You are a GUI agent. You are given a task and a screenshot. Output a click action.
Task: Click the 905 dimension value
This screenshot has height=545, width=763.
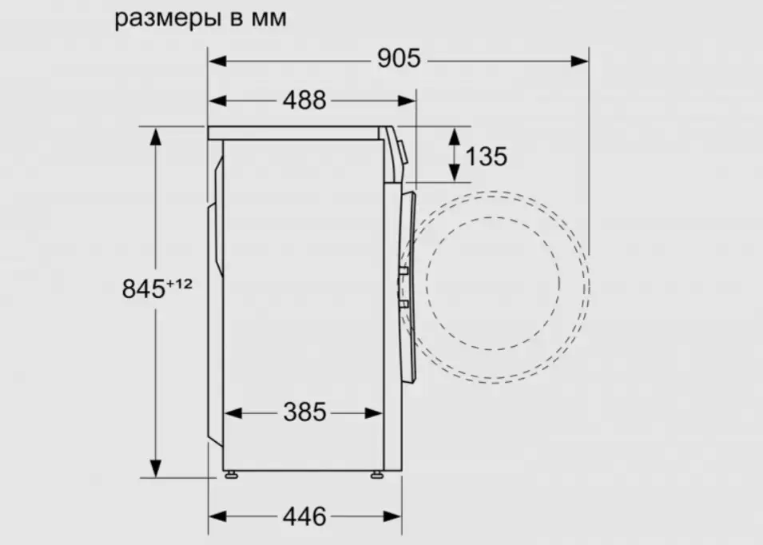point(399,59)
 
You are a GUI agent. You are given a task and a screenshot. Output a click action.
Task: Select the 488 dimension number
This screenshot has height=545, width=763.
point(304,101)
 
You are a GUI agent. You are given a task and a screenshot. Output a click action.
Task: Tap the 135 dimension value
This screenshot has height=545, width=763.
point(486,157)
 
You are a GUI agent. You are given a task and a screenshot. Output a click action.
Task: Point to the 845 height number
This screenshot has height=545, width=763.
point(144,289)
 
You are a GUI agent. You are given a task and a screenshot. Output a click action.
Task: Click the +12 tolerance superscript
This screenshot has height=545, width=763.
point(180,283)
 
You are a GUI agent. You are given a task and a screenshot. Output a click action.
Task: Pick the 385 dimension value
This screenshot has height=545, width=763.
point(304,412)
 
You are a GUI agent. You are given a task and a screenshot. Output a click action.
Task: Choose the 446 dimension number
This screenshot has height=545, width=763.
point(304,516)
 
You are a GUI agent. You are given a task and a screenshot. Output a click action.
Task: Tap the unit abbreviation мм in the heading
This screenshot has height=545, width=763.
point(269,19)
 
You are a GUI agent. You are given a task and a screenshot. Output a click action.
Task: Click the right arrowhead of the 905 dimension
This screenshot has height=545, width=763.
point(579,61)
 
